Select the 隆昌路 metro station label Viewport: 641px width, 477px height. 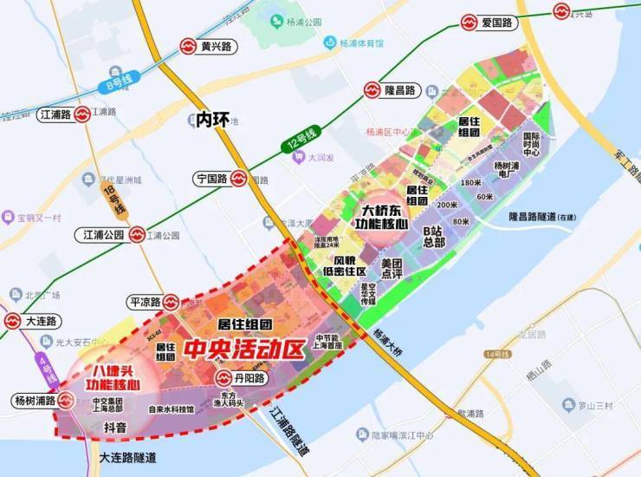click(401, 90)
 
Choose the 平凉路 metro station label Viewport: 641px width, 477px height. click(145, 302)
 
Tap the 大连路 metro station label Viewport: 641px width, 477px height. click(42, 321)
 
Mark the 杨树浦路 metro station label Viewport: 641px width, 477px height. click(35, 401)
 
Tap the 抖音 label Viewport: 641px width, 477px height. click(115, 427)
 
